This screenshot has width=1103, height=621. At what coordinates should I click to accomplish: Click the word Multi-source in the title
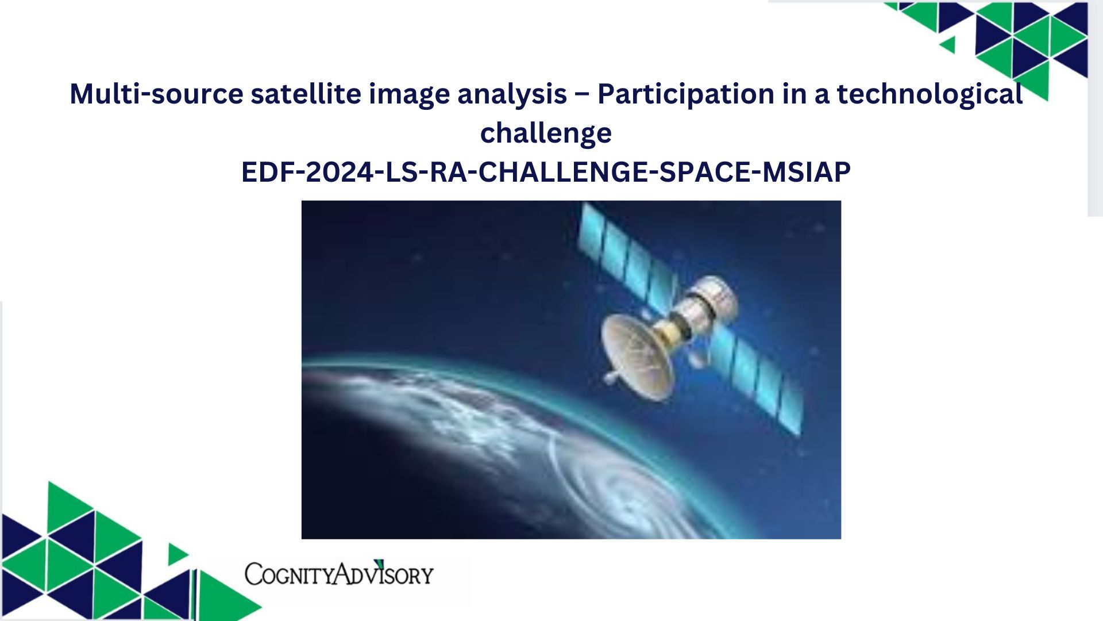pyautogui.click(x=156, y=94)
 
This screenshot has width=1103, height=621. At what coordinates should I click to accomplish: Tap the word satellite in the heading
pyautogui.click(x=306, y=94)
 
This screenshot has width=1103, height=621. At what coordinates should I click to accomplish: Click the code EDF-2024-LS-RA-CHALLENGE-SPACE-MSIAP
pyautogui.click(x=546, y=172)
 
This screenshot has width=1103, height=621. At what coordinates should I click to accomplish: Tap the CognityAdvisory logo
pyautogui.click(x=339, y=573)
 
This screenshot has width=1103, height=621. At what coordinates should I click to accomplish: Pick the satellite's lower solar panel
pyautogui.click(x=755, y=379)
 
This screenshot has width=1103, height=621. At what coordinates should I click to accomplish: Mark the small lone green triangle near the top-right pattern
pyautogui.click(x=948, y=44)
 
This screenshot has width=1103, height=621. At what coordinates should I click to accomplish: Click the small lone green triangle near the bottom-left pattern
pyautogui.click(x=177, y=554)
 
